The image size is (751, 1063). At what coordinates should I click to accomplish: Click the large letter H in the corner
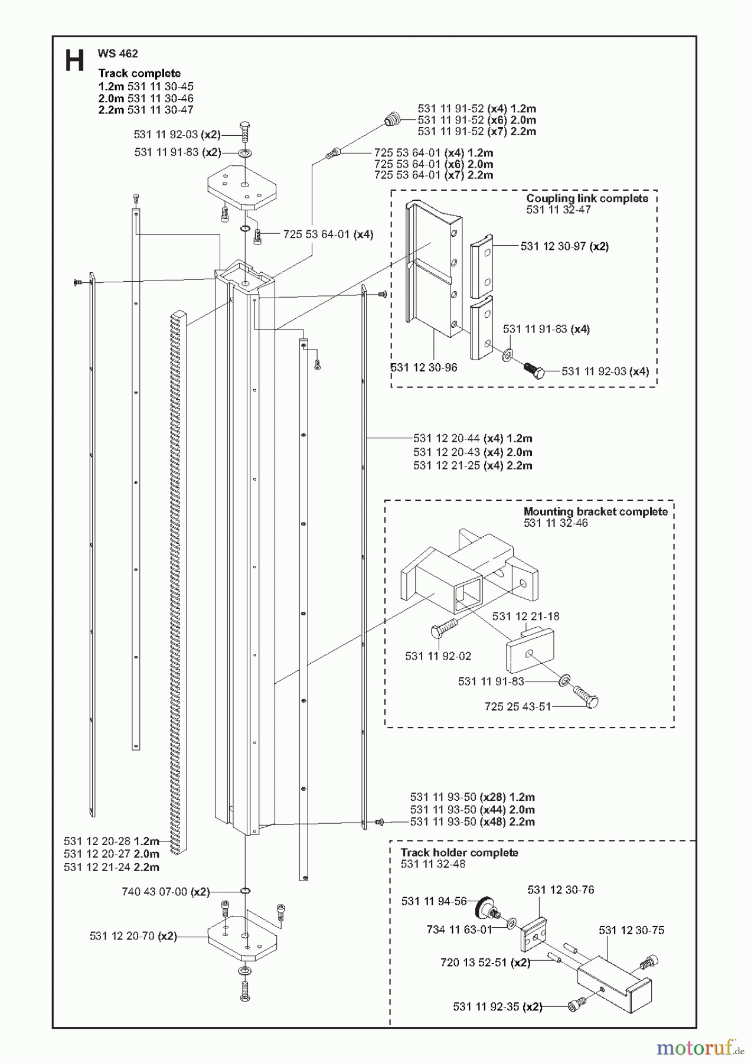coord(75,60)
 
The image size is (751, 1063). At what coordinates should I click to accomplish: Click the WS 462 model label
coord(117,54)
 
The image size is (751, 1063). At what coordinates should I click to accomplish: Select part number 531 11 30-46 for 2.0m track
coord(160,99)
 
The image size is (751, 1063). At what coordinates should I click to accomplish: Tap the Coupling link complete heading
coord(587,198)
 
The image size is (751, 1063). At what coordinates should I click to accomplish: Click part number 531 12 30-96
coord(424,367)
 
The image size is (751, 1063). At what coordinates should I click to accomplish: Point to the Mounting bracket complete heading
coord(595,511)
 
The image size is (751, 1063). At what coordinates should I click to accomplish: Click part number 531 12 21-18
coord(525,617)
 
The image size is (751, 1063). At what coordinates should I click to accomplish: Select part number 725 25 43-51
coord(517,706)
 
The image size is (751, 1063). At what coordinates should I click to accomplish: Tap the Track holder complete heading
coord(459,853)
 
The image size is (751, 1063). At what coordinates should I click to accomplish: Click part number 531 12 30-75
coord(631,930)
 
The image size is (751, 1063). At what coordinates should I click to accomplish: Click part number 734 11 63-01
coord(459,930)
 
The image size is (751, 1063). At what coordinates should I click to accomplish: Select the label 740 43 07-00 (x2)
coord(165,892)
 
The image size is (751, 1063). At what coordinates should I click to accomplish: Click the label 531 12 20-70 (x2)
coord(133,936)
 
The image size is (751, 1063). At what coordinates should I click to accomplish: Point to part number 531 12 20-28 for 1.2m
coord(111,841)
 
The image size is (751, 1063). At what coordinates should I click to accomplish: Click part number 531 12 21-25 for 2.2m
coord(472,465)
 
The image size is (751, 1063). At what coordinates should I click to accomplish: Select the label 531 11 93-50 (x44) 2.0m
coord(472,810)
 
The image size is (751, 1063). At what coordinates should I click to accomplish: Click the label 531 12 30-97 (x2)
coord(564,246)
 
